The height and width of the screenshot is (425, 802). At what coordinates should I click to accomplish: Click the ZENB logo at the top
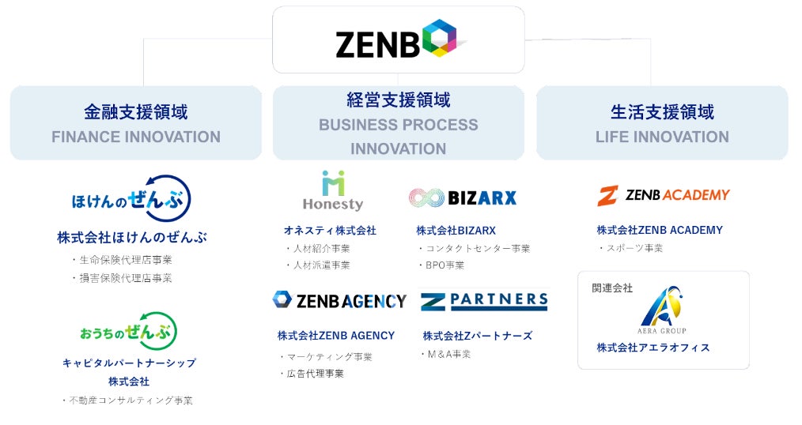399,41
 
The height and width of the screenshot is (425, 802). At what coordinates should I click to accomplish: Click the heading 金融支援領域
135,111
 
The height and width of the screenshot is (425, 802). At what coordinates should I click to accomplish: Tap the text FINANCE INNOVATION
136,137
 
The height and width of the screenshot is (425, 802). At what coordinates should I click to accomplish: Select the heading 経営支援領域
398,100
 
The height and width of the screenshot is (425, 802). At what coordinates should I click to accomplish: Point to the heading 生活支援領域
662,111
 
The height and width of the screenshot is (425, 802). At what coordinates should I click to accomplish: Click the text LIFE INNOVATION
662,137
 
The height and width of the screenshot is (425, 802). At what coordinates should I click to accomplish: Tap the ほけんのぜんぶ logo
131,198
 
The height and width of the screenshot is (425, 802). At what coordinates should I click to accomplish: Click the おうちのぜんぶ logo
129,332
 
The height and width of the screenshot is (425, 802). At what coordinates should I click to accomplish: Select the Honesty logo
333,191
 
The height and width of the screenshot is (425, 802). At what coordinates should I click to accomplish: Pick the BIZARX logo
462,197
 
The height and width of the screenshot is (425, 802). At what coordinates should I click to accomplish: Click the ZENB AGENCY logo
339,300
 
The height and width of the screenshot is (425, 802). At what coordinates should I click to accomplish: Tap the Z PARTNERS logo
483,300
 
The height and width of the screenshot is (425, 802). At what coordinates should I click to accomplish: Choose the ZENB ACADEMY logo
663,195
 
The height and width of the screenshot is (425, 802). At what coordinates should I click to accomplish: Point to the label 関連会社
612,288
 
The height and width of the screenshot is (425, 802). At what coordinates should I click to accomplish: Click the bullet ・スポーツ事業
630,248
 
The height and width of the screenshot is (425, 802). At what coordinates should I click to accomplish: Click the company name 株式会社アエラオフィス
653,348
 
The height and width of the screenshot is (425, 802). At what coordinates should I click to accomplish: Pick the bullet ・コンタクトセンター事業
473,248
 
